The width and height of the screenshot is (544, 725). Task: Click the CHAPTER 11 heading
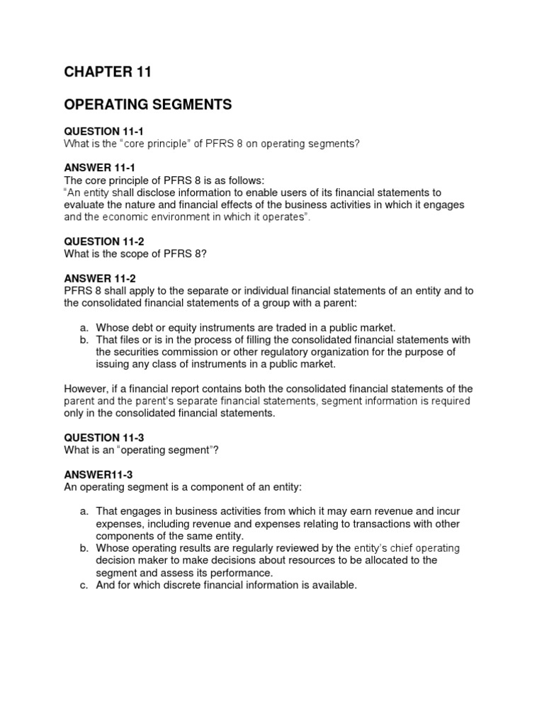108,72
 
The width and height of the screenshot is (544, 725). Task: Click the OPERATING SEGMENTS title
148,105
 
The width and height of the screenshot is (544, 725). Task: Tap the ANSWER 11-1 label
99,169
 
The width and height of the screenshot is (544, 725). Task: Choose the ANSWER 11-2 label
99,278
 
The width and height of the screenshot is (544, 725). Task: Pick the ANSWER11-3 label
97,474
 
